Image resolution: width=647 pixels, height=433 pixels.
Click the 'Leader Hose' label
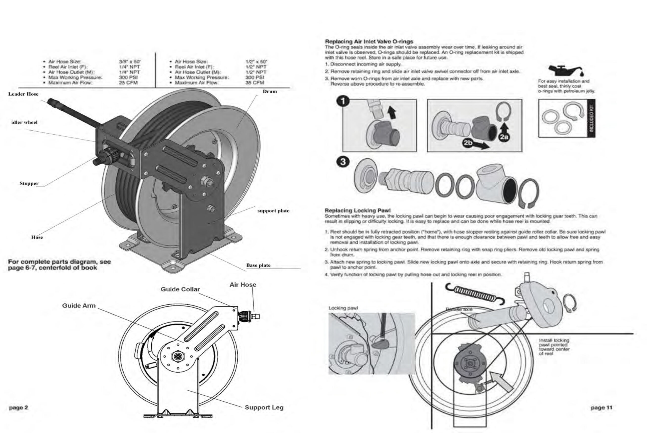(x=23, y=94)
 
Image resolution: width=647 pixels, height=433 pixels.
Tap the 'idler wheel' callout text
(x=24, y=122)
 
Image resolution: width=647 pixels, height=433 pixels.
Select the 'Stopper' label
(x=29, y=183)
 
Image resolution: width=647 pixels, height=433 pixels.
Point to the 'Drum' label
(x=270, y=91)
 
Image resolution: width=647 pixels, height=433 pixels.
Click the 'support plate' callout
(x=273, y=211)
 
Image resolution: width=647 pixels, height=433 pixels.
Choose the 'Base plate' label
(x=258, y=265)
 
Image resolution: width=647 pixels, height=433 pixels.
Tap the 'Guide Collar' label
(x=180, y=289)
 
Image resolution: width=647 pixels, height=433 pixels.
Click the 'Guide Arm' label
(x=79, y=305)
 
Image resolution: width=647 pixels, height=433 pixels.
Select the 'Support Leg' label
(x=264, y=407)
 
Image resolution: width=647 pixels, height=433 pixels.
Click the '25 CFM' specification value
(x=128, y=83)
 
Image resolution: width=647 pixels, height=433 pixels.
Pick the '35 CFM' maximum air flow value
(x=255, y=83)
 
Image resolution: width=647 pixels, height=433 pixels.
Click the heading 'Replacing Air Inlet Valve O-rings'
(x=369, y=41)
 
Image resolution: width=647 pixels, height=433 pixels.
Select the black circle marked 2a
(x=504, y=137)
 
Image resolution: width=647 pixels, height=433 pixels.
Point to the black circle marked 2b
(x=468, y=143)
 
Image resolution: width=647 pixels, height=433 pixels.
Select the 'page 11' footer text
(x=602, y=407)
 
